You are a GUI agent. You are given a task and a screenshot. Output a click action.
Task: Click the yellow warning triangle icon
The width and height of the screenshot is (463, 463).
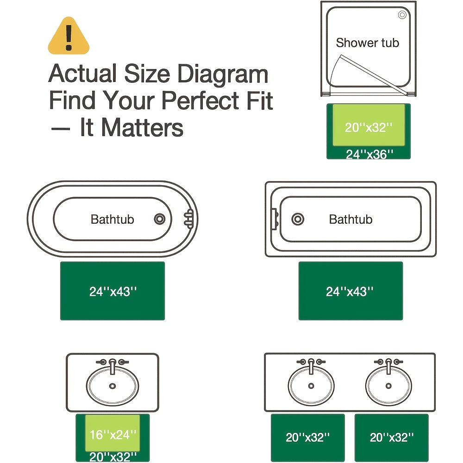(69, 37)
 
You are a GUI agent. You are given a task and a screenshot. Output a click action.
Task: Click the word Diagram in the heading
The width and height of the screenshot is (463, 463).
(223, 74)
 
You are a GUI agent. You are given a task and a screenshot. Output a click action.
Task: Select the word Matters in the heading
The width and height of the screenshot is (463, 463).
(142, 128)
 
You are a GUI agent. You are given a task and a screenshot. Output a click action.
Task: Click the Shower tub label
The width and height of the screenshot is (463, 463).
(367, 43)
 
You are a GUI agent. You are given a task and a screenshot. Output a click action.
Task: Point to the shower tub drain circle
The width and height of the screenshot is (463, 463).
(402, 15)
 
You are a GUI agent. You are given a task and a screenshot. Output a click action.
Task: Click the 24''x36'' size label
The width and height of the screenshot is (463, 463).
(369, 154)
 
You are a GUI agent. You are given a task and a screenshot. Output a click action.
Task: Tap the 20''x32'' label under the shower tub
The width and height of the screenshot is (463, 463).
(369, 128)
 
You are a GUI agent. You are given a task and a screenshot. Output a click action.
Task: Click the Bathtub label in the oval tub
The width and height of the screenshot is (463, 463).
(112, 219)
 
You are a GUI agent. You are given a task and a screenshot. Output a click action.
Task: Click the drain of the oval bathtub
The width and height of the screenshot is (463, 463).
(159, 219)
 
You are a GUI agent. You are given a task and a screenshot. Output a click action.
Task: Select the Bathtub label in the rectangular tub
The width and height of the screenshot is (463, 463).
(350, 219)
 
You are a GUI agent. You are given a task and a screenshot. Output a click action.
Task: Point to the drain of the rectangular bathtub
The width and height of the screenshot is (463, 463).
(298, 219)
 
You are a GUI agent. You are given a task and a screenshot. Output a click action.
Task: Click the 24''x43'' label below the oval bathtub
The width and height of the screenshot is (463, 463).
(113, 292)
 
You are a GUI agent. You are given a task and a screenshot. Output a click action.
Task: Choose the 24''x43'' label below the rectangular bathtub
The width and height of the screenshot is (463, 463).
(350, 292)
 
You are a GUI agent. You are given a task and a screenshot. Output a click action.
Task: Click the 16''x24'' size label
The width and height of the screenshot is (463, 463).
(113, 435)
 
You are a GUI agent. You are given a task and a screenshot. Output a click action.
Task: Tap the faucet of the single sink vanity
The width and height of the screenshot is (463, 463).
(113, 366)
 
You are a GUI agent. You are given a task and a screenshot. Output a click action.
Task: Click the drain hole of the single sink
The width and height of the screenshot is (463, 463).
(113, 386)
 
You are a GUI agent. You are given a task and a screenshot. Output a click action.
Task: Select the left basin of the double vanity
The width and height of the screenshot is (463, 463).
(311, 385)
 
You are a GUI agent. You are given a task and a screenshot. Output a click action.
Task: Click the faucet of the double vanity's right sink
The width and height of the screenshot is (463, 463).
(388, 365)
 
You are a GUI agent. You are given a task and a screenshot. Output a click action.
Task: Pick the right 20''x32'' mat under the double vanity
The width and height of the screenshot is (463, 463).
(392, 438)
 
